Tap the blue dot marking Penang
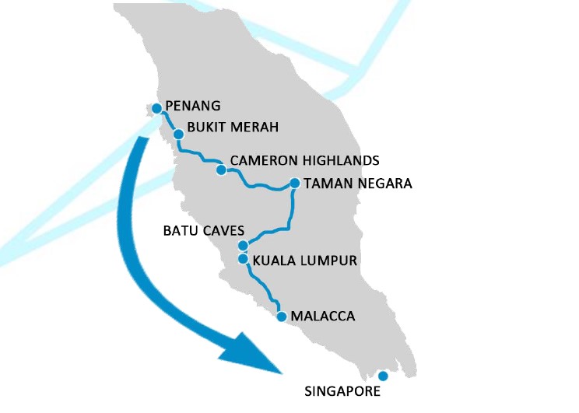point(156,108)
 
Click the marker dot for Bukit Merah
point(178,134)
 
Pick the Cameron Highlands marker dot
point(221,169)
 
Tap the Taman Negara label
point(358,184)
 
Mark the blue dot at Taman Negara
point(295,184)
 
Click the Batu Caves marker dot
point(243,246)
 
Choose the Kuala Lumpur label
point(304,261)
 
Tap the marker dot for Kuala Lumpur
point(243,259)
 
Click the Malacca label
point(322,317)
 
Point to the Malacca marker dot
point(281,316)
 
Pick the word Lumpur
point(330,261)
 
